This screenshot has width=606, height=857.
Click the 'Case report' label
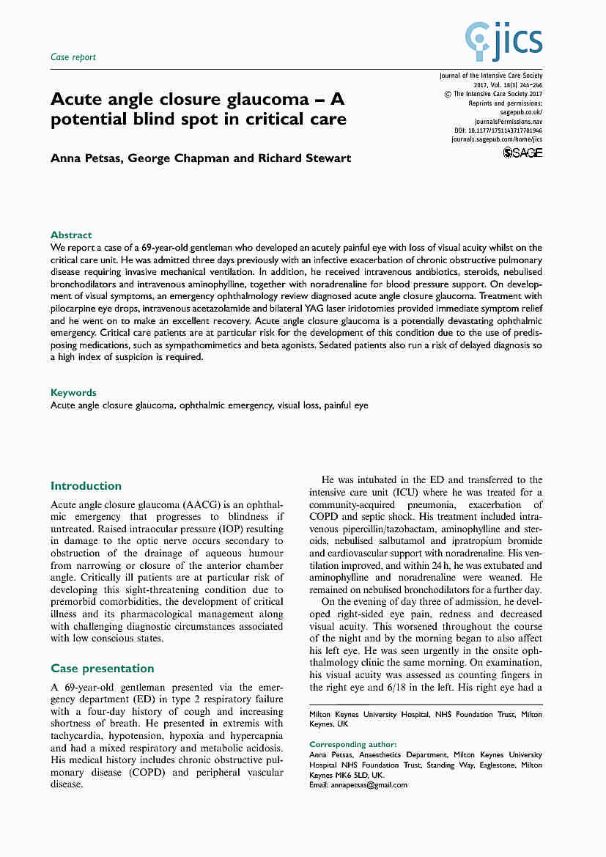coord(73,57)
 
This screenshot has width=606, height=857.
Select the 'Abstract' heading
coord(71,235)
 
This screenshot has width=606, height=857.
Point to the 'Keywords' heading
coord(73,393)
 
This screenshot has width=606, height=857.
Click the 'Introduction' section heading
coord(86,486)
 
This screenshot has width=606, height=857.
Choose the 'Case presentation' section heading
coord(102,669)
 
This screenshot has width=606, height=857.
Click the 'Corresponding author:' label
coord(353,744)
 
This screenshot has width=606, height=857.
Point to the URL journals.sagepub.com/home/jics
coord(496,139)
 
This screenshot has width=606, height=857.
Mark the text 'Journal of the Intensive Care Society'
coord(490,76)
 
